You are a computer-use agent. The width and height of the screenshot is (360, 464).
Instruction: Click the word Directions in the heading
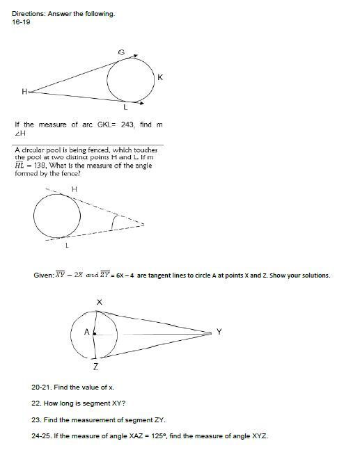[x=29, y=14]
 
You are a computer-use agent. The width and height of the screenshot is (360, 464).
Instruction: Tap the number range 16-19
[x=22, y=21]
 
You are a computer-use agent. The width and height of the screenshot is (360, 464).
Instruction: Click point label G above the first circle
[x=123, y=52]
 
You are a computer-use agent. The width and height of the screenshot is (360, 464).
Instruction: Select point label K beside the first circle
[x=161, y=77]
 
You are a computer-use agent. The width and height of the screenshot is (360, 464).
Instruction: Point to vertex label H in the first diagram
[x=24, y=91]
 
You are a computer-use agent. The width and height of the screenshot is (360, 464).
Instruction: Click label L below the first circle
[x=125, y=109]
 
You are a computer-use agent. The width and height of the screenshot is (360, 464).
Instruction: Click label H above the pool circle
[x=73, y=187]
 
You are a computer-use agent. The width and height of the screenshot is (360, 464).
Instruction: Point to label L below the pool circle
[x=67, y=243]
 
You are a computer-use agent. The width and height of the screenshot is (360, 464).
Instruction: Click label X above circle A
[x=99, y=302]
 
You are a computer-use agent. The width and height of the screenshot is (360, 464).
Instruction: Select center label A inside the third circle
[x=86, y=333]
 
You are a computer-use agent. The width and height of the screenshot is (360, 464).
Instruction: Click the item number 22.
[x=36, y=403]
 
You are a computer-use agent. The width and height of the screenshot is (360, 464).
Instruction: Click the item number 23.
[x=36, y=419]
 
